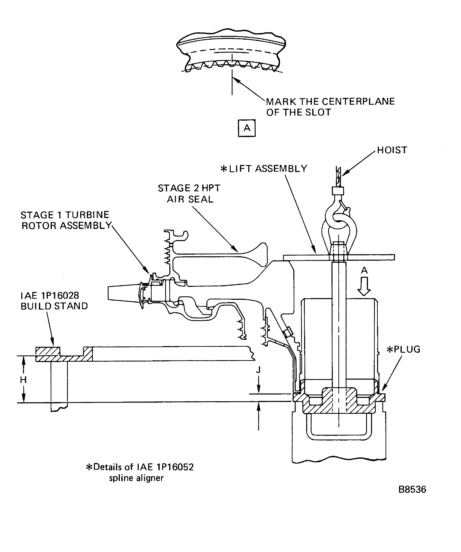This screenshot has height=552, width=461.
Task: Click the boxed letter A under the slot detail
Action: click(247, 128)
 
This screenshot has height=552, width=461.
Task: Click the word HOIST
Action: click(392, 150)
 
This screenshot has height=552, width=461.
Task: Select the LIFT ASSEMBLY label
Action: click(268, 168)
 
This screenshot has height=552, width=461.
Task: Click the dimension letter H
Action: click(23, 380)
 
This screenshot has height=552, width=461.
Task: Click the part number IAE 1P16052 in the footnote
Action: click(165, 467)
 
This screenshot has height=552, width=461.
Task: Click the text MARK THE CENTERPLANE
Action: click(330, 102)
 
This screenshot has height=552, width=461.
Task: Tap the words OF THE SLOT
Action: click(299, 112)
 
